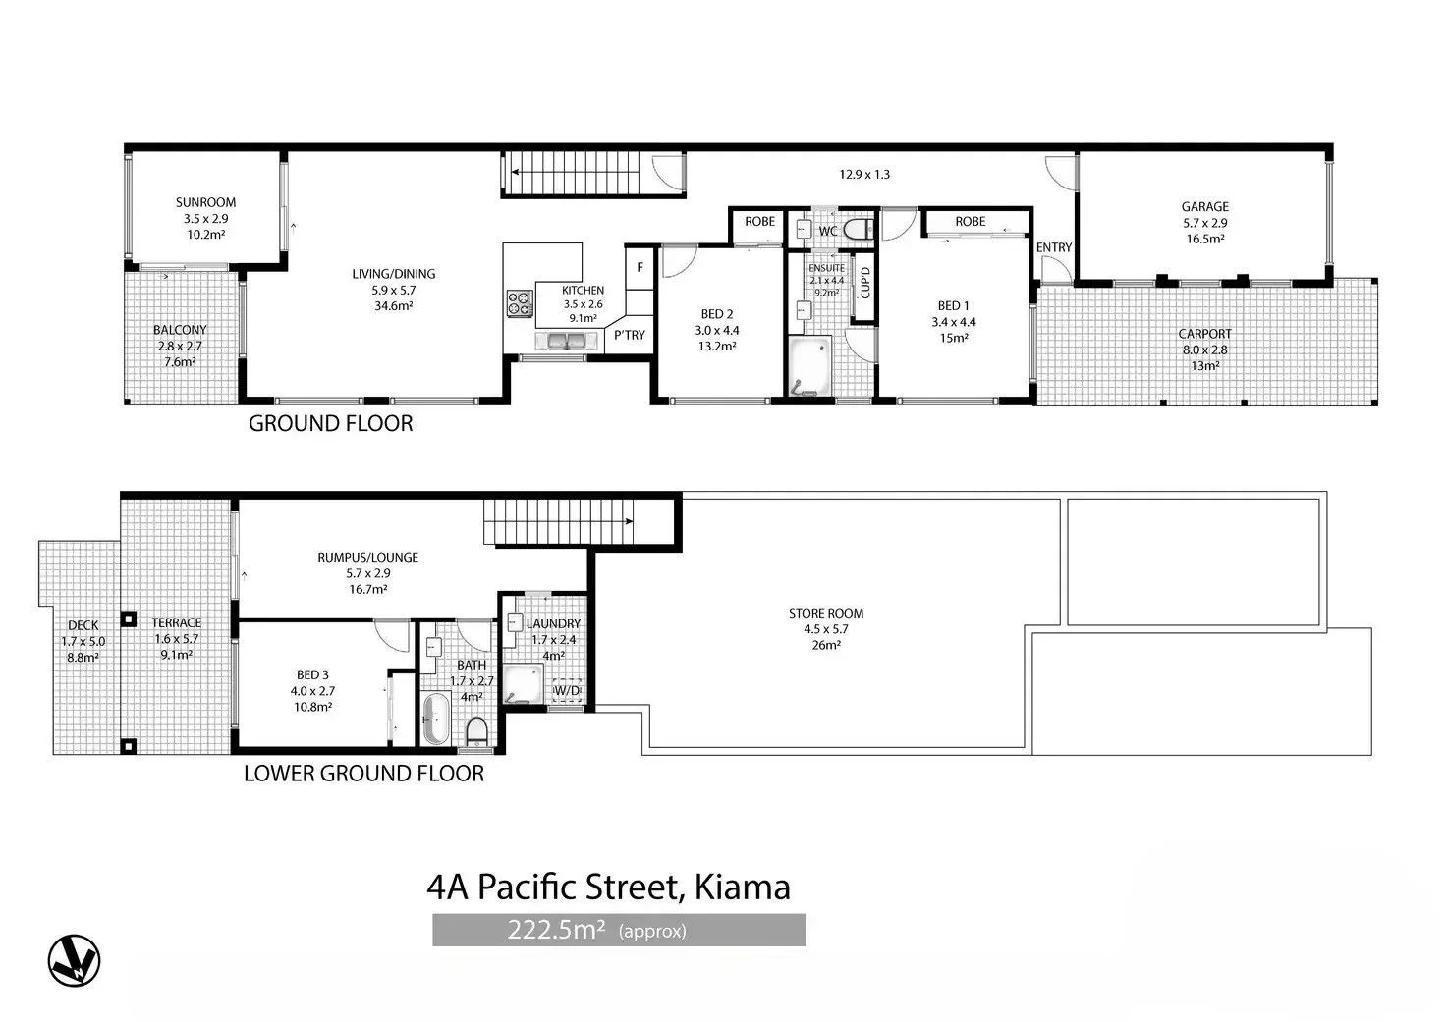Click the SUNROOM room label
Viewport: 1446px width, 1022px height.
coord(205,203)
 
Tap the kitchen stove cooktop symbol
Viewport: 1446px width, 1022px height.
coord(519,304)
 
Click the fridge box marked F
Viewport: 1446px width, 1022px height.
coord(640,267)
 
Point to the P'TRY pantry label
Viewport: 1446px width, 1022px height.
coord(630,335)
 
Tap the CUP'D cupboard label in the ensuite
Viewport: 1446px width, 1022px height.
coord(865,283)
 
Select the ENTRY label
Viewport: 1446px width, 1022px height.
coord(1054,248)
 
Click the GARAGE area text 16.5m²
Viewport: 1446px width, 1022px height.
coord(1204,239)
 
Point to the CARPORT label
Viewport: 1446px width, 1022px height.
coord(1204,334)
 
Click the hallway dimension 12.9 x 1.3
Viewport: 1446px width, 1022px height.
coord(863,175)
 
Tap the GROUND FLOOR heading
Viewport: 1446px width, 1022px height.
coord(330,424)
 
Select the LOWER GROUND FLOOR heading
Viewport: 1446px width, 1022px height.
coord(363,774)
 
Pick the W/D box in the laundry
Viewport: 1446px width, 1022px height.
coord(568,691)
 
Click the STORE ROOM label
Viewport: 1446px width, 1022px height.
coord(825,614)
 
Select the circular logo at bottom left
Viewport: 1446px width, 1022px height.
coord(74,959)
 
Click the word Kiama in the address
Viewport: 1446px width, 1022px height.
coord(742,888)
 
